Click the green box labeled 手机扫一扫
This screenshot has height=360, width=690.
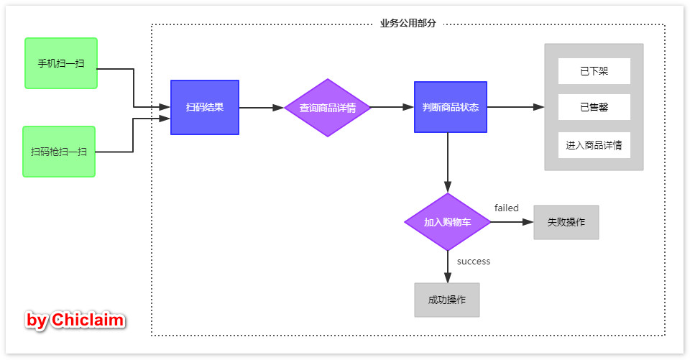pos(61,63)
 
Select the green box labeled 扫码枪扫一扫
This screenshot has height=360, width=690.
pos(59,152)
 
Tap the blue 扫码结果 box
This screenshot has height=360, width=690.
pos(205,107)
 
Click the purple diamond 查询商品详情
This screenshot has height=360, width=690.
pos(328,108)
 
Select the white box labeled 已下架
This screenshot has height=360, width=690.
pos(594,71)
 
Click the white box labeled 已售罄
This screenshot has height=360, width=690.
pos(594,107)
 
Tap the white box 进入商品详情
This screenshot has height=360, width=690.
pos(594,145)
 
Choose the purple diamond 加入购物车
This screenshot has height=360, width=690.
pos(448,222)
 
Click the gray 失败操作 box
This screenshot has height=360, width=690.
pos(566,222)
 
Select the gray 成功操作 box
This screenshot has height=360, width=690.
pos(447,300)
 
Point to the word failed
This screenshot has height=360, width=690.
pos(506,208)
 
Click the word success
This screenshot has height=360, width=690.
pos(474,262)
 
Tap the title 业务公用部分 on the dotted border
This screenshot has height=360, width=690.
pos(408,24)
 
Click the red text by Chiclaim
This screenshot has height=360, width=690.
pos(75,320)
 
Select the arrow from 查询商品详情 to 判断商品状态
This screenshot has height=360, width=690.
pos(392,108)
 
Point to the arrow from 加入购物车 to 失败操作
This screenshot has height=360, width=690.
pos(512,222)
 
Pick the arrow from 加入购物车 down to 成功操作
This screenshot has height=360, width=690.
pos(448,267)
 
